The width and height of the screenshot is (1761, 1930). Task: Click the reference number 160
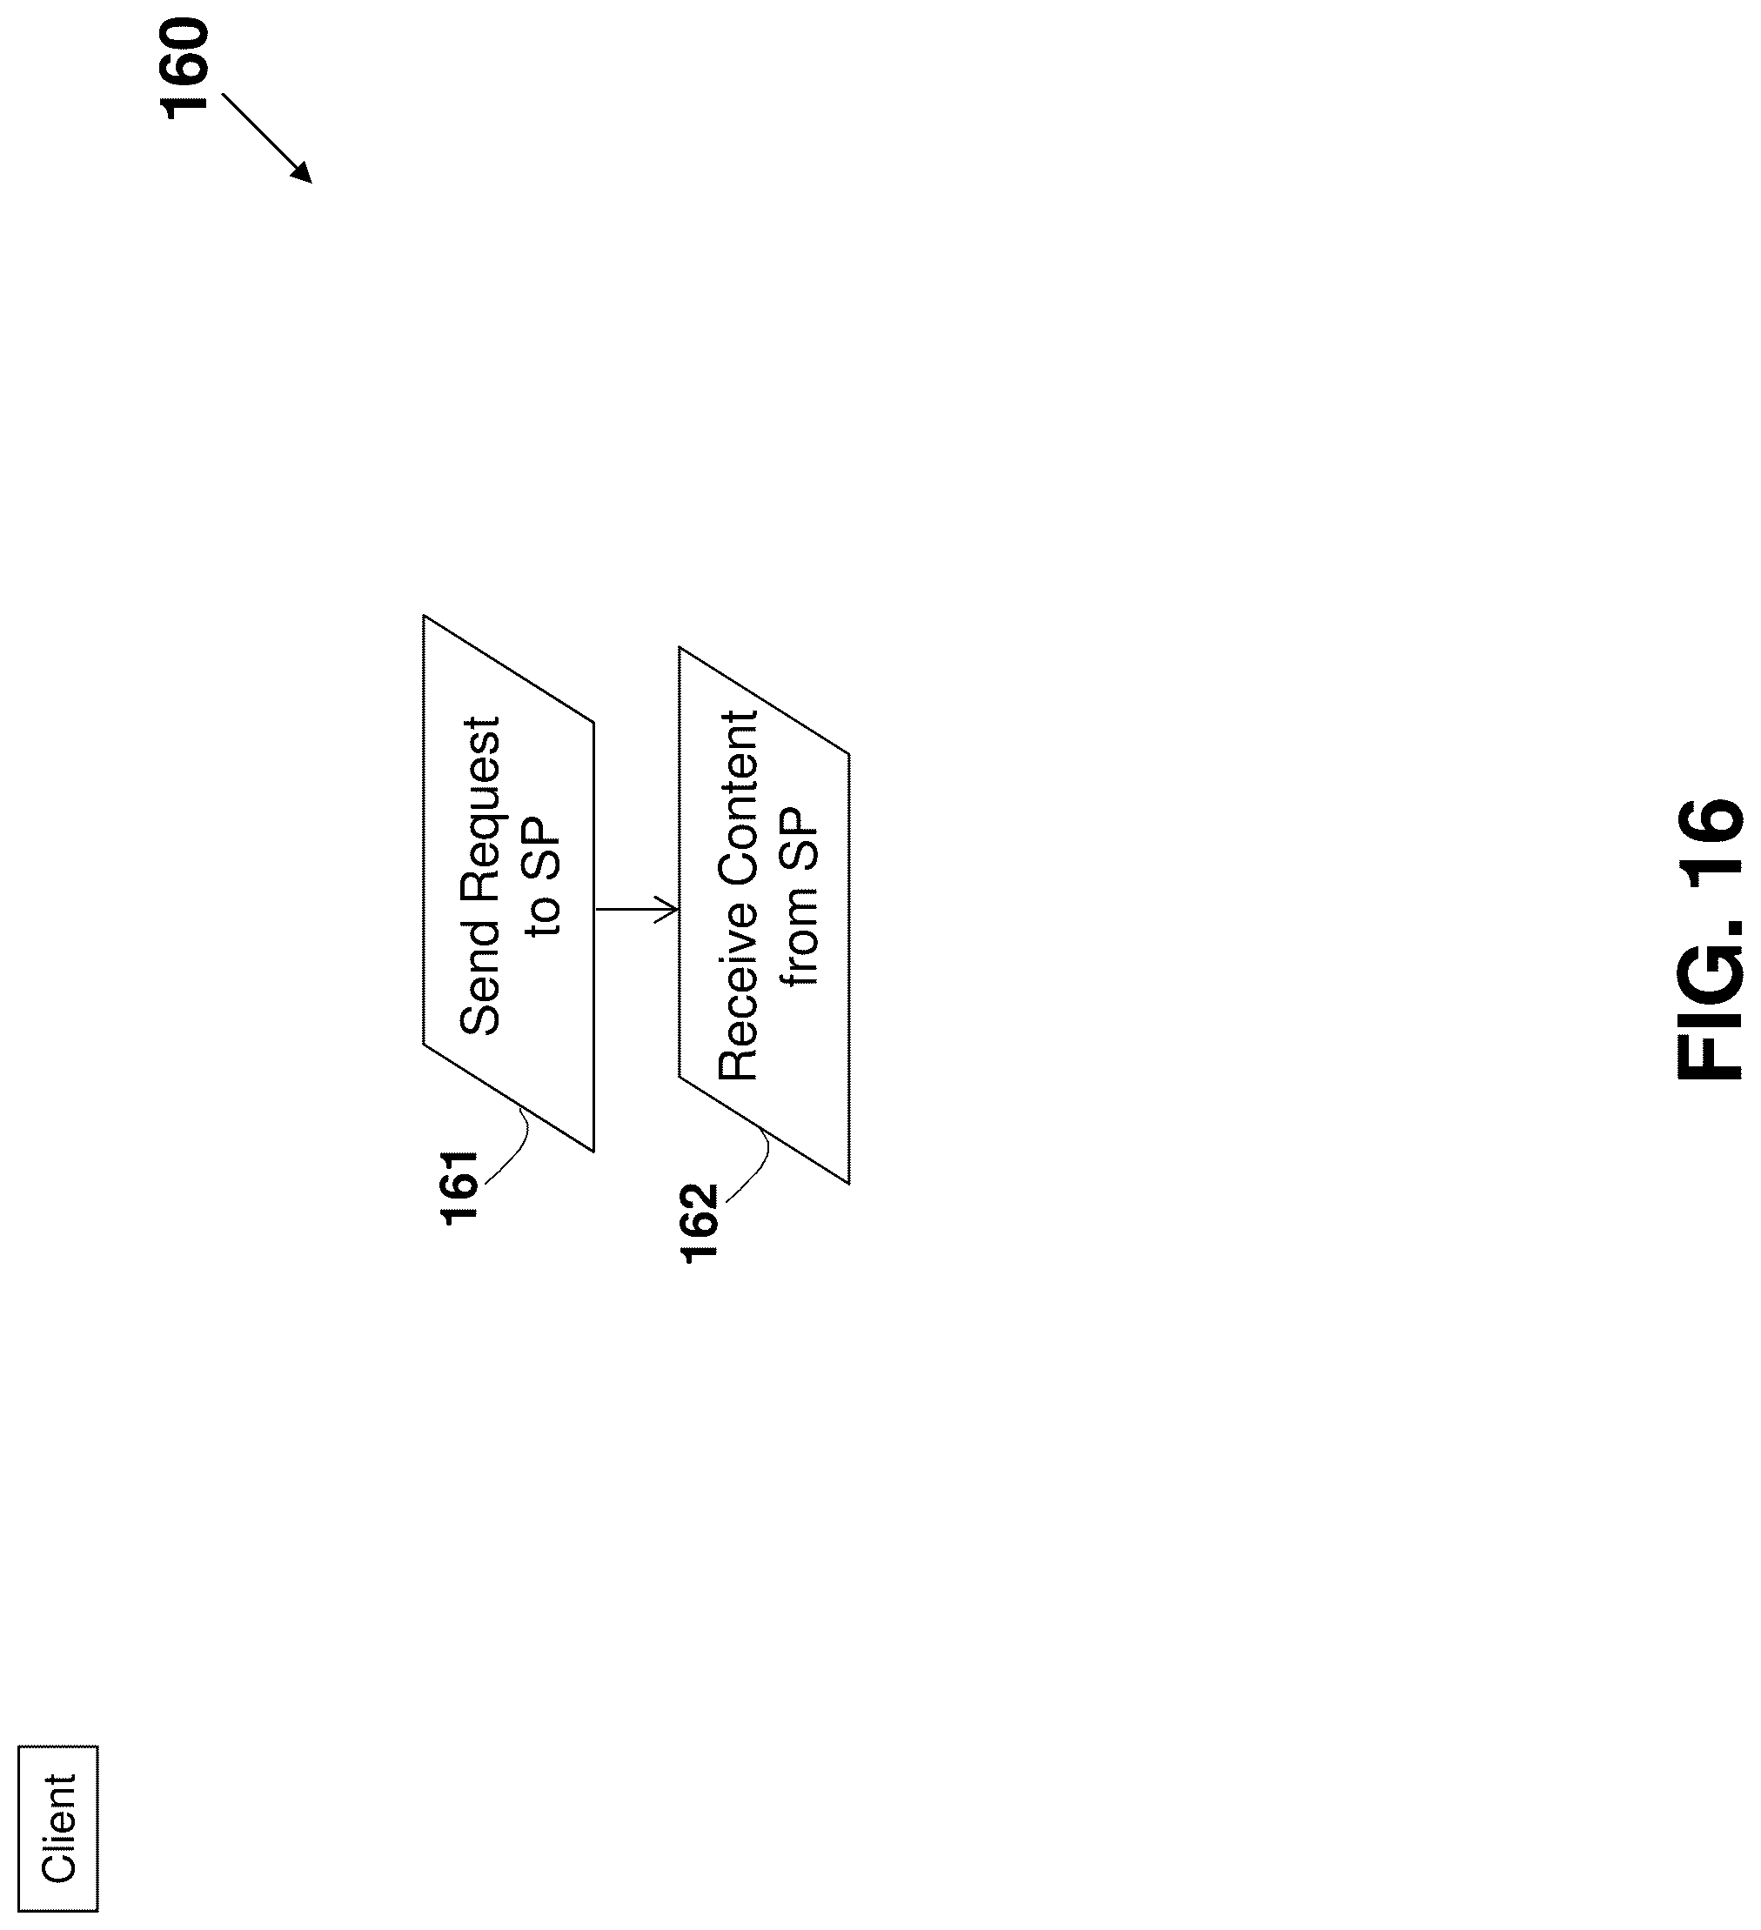coord(184,69)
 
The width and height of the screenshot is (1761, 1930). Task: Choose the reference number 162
coord(700,1223)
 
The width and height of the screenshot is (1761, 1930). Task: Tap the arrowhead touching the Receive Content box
coord(668,909)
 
